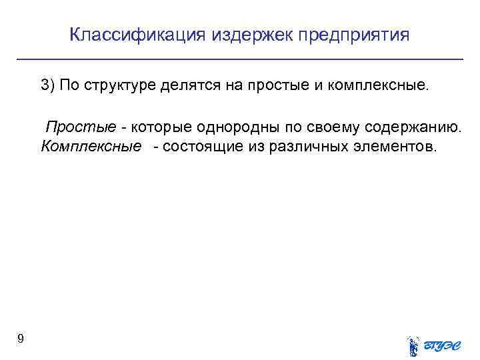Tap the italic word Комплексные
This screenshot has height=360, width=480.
(x=91, y=146)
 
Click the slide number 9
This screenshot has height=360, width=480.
(x=21, y=339)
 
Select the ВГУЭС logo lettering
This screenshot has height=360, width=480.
(x=443, y=345)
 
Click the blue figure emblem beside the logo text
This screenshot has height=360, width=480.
(x=413, y=345)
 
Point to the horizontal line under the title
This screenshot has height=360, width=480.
(x=240, y=60)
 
